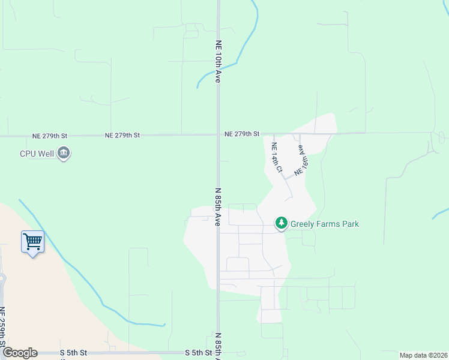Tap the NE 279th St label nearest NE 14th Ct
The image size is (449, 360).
click(x=242, y=134)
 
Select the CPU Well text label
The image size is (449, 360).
click(x=36, y=154)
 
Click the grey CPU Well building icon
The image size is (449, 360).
click(x=64, y=154)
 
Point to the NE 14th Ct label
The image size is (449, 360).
click(x=276, y=158)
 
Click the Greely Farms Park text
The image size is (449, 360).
click(x=325, y=224)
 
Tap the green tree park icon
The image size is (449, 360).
click(x=281, y=223)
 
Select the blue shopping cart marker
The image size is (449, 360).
click(x=32, y=243)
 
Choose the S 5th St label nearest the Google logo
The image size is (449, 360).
click(x=74, y=353)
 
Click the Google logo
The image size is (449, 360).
click(x=20, y=353)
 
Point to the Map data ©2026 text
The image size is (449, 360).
click(x=423, y=355)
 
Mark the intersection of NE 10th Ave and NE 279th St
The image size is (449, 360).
click(x=218, y=134)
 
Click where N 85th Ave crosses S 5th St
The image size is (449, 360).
click(x=218, y=353)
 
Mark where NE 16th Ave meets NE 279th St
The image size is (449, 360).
click(x=299, y=134)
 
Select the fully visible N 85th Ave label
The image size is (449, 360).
click(x=218, y=207)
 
